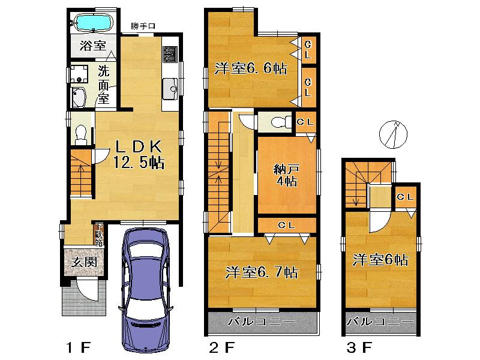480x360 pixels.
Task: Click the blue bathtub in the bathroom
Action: (x=93, y=23)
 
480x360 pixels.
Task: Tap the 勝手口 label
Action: (x=144, y=26)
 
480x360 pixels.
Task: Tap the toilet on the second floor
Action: (x=280, y=122)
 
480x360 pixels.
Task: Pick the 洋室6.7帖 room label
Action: (x=262, y=272)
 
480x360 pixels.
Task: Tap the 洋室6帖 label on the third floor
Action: (x=380, y=260)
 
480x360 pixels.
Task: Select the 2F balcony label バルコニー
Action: (x=262, y=323)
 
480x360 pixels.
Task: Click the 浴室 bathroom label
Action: (x=92, y=46)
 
